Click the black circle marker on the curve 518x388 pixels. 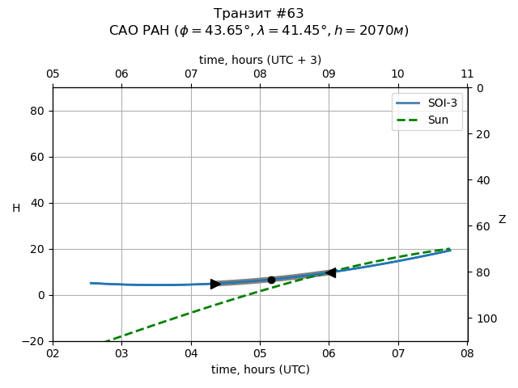(x=271, y=280)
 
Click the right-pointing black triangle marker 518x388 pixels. (x=215, y=284)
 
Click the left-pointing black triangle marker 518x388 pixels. (x=329, y=272)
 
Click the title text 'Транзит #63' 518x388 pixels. (x=259, y=14)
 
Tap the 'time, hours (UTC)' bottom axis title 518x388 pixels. (x=260, y=369)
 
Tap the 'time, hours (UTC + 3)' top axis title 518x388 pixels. (x=260, y=60)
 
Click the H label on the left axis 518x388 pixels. (x=16, y=209)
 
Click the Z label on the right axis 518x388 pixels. (x=502, y=220)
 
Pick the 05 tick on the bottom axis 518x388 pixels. (x=260, y=353)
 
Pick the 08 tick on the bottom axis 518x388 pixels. (x=467, y=353)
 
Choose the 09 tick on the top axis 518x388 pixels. (x=329, y=74)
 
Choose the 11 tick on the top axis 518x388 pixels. (x=467, y=74)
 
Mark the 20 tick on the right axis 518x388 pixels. (x=480, y=134)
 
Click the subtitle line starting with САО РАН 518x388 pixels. (x=259, y=31)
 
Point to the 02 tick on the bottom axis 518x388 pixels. (x=53, y=353)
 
